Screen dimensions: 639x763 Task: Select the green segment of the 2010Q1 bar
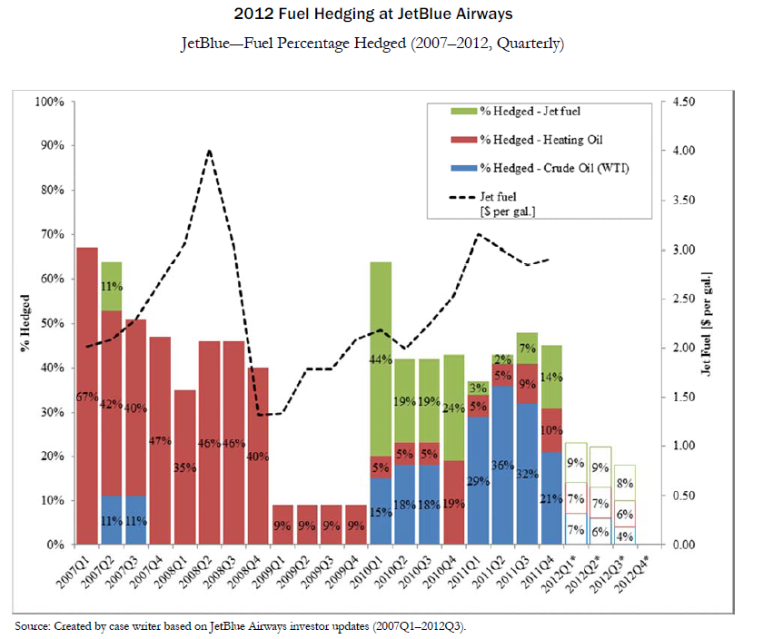click(x=381, y=359)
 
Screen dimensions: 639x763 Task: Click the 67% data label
click(x=86, y=397)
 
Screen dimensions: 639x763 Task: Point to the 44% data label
click(x=381, y=359)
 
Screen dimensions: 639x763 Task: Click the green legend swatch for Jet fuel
click(x=461, y=113)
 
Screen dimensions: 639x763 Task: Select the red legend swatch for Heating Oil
click(x=461, y=140)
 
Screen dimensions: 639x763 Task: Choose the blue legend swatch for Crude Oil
click(x=461, y=168)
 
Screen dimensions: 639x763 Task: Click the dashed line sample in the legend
click(x=461, y=195)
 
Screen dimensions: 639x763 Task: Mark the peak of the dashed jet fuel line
click(x=209, y=151)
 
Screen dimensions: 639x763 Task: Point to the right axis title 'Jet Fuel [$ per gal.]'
click(x=706, y=323)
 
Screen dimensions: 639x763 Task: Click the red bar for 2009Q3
click(x=332, y=524)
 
